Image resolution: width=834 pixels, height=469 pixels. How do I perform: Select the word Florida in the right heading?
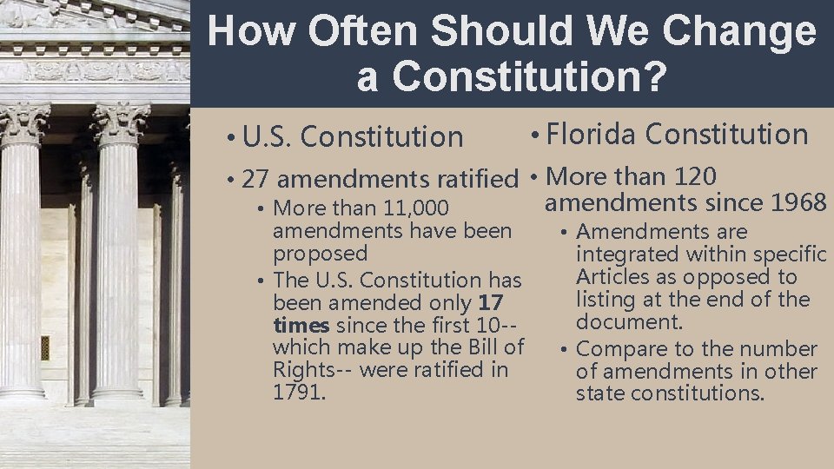coord(592,135)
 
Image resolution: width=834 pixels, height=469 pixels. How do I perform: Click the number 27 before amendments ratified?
coord(255,180)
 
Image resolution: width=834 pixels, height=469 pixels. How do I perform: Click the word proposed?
coord(320,254)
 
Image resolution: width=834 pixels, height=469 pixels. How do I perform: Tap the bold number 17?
coord(490,303)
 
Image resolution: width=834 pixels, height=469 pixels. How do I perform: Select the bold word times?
coord(301,326)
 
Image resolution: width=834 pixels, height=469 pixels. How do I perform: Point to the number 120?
coord(695,177)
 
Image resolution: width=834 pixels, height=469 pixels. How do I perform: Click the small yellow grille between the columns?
coord(45,347)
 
